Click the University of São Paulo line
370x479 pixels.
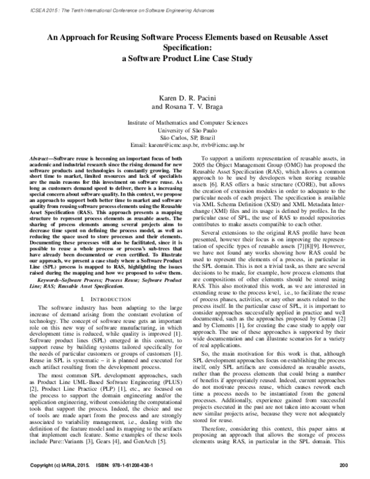click(185, 131)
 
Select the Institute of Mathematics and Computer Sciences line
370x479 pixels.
click(185, 123)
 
